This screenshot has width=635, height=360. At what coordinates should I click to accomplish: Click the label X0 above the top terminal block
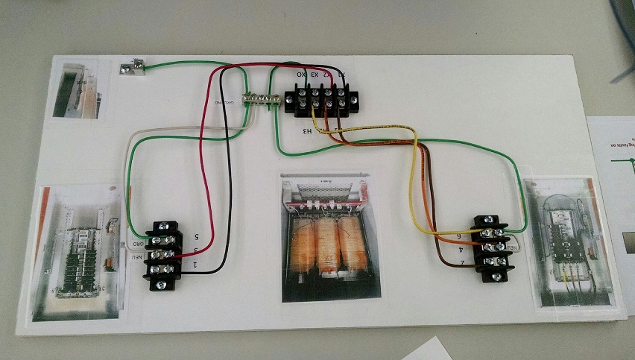[x=301, y=75]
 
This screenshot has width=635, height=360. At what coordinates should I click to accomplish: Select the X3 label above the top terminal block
[x=315, y=75]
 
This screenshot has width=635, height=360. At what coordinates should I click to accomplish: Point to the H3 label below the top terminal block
[x=307, y=131]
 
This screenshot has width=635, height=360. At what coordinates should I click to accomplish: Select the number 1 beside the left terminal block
[x=195, y=265]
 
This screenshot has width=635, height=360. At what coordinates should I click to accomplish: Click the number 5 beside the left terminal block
[x=195, y=237]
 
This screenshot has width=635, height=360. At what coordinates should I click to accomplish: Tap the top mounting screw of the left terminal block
[x=164, y=225]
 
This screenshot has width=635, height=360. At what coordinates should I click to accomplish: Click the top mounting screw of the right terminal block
[x=487, y=219]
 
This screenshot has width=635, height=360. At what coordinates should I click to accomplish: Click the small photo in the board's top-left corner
[x=75, y=88]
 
